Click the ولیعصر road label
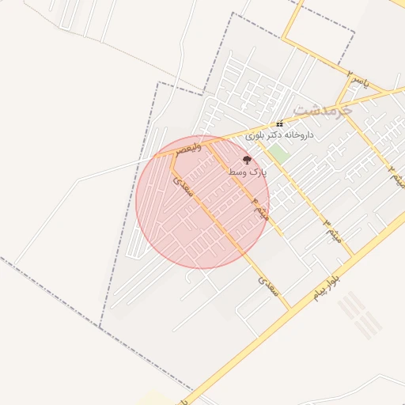coord(191,147)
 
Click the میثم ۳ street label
coord(331,229)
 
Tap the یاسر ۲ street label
coord(358,79)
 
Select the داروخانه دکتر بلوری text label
coord(279,135)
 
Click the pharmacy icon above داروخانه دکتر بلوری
coord(279,124)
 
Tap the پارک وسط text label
coord(248,171)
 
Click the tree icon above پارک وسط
coord(247,160)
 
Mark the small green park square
coord(276,153)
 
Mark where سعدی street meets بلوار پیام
coord(290,307)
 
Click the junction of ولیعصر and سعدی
coord(172,153)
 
